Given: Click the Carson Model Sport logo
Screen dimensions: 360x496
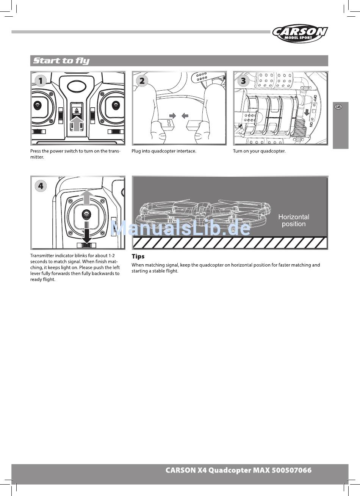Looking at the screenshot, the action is coord(300,34).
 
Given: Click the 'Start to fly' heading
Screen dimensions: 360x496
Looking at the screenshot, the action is coord(61,61).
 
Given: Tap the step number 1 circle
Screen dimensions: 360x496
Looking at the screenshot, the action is coord(40,80).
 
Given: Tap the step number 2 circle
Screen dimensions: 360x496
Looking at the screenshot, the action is coord(142,80).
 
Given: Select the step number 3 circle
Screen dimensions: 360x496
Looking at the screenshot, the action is coord(243,80).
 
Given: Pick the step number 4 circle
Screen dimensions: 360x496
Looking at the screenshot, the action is coord(40,185).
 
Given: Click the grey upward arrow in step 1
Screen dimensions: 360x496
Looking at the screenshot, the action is coord(77,124).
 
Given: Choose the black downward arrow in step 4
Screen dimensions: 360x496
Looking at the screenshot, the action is coord(87,234).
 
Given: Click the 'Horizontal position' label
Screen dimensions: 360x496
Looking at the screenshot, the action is coord(294,220).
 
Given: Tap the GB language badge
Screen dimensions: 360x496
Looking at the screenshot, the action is coord(338,107).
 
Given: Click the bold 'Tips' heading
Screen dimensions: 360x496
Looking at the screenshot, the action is coord(138,256).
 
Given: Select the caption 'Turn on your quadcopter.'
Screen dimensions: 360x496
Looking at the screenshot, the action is coord(259,151).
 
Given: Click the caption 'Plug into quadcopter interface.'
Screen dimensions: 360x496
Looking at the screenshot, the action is coord(164,151).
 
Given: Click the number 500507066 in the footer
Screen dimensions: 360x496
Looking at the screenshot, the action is coord(291,470).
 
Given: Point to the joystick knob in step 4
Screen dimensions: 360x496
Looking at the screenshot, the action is coord(87,215).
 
